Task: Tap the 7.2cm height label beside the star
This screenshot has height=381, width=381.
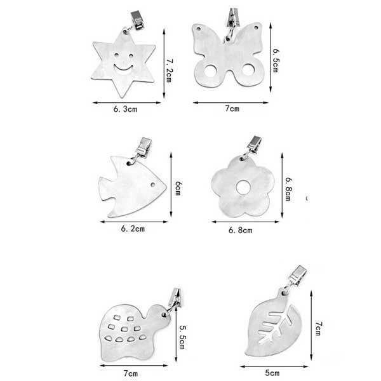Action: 169,70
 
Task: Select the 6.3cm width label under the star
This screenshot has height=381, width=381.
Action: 125,109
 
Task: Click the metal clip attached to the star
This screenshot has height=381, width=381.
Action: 137,20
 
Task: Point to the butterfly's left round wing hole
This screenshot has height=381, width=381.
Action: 210,70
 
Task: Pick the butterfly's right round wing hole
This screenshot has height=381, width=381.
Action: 248,70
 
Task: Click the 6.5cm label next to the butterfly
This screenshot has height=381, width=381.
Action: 276,60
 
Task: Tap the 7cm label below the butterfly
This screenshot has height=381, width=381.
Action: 232,109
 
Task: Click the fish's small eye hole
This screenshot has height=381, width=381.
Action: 153,185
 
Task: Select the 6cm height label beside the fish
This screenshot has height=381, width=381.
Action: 178,188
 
